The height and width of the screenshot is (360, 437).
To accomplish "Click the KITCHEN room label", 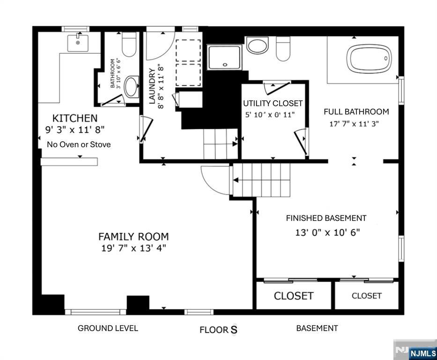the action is [75, 118].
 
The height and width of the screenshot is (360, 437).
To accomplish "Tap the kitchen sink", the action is [78, 43].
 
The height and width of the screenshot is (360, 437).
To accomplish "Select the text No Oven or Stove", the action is [79, 144].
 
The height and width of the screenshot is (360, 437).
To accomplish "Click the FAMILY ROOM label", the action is [133, 237].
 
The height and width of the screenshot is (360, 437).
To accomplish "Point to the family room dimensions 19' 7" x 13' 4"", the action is [133, 248].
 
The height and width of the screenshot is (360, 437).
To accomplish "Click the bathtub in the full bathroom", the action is [369, 59].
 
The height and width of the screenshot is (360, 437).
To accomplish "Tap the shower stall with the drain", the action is [224, 58].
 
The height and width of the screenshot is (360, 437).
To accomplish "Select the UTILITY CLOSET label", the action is [273, 104].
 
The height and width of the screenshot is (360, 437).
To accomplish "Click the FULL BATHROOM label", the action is [356, 112].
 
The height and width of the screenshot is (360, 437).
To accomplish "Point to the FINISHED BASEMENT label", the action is [326, 218].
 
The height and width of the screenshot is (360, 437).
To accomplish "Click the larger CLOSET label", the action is [294, 296].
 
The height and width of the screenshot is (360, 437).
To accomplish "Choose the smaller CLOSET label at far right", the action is [366, 296].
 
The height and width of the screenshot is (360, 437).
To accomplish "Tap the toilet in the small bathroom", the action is [129, 44].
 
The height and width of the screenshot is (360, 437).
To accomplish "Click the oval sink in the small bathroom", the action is [131, 87].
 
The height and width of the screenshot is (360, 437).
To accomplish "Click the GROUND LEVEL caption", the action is [108, 328].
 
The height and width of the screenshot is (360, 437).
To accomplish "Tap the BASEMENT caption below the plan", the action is [317, 328].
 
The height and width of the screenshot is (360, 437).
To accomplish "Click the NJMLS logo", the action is [422, 353].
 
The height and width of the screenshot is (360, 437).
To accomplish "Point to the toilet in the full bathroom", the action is [283, 49].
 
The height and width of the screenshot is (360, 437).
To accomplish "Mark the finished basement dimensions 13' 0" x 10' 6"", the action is [327, 232].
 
